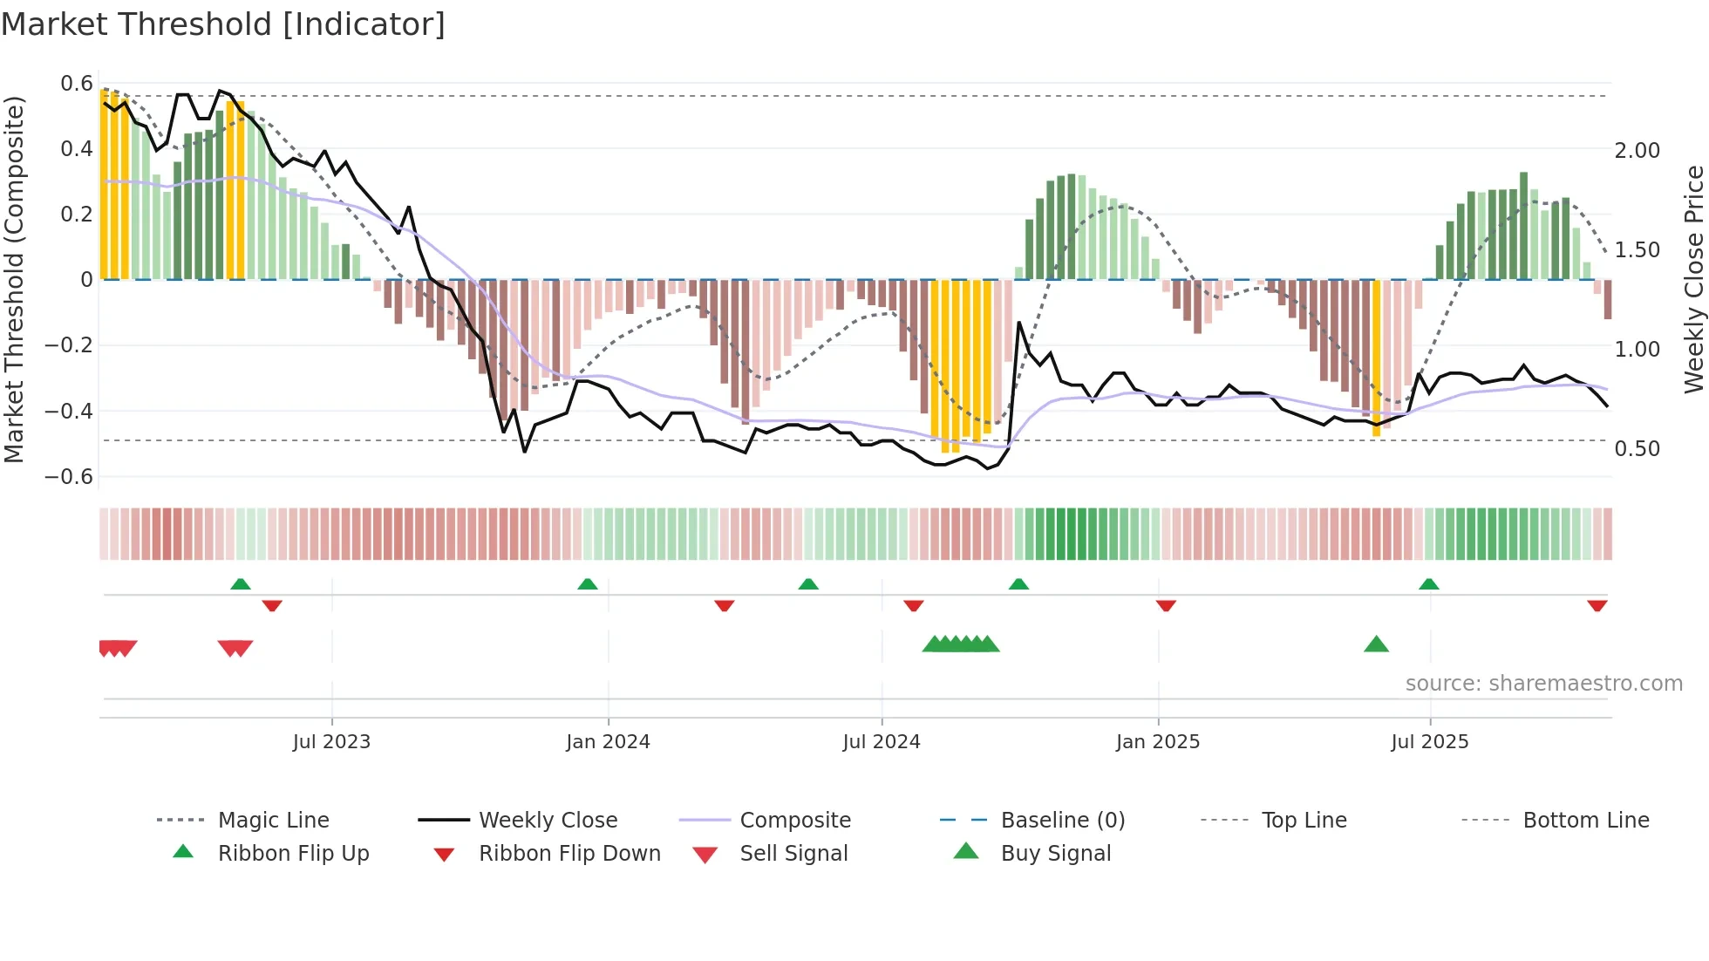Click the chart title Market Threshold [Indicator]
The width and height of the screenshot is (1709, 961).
tap(223, 24)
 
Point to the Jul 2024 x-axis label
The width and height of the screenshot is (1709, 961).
tap(881, 742)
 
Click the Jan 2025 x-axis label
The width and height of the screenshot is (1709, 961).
tap(1157, 742)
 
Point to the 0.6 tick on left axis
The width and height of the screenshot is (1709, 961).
tap(77, 84)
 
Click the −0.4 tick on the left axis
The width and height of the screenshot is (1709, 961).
tap(69, 411)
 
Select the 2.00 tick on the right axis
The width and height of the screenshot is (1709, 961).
tap(1637, 151)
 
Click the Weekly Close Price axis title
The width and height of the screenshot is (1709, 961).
tap(1693, 279)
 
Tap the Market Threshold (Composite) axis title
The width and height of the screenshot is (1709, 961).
tap(14, 279)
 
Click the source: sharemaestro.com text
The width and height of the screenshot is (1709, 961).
tap(1543, 684)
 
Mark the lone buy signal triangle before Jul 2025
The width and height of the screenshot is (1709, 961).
tap(1376, 644)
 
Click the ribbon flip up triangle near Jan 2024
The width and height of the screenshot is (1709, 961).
tap(588, 584)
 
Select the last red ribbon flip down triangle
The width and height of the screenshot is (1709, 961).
tap(1597, 606)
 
